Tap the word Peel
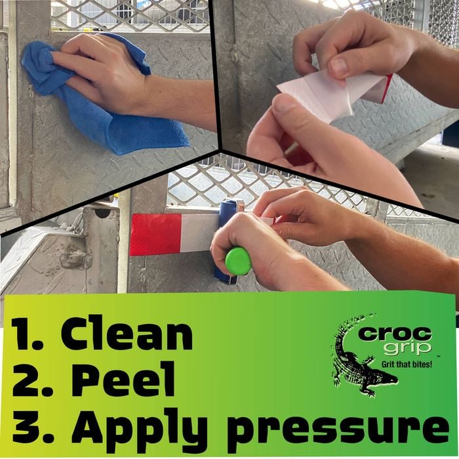(123, 380)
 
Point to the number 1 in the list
(24, 334)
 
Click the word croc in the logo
(395, 334)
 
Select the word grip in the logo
(407, 348)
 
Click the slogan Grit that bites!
(407, 365)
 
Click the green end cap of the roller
(238, 261)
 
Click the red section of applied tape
(156, 234)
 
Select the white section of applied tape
(199, 233)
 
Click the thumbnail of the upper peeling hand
(340, 66)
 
